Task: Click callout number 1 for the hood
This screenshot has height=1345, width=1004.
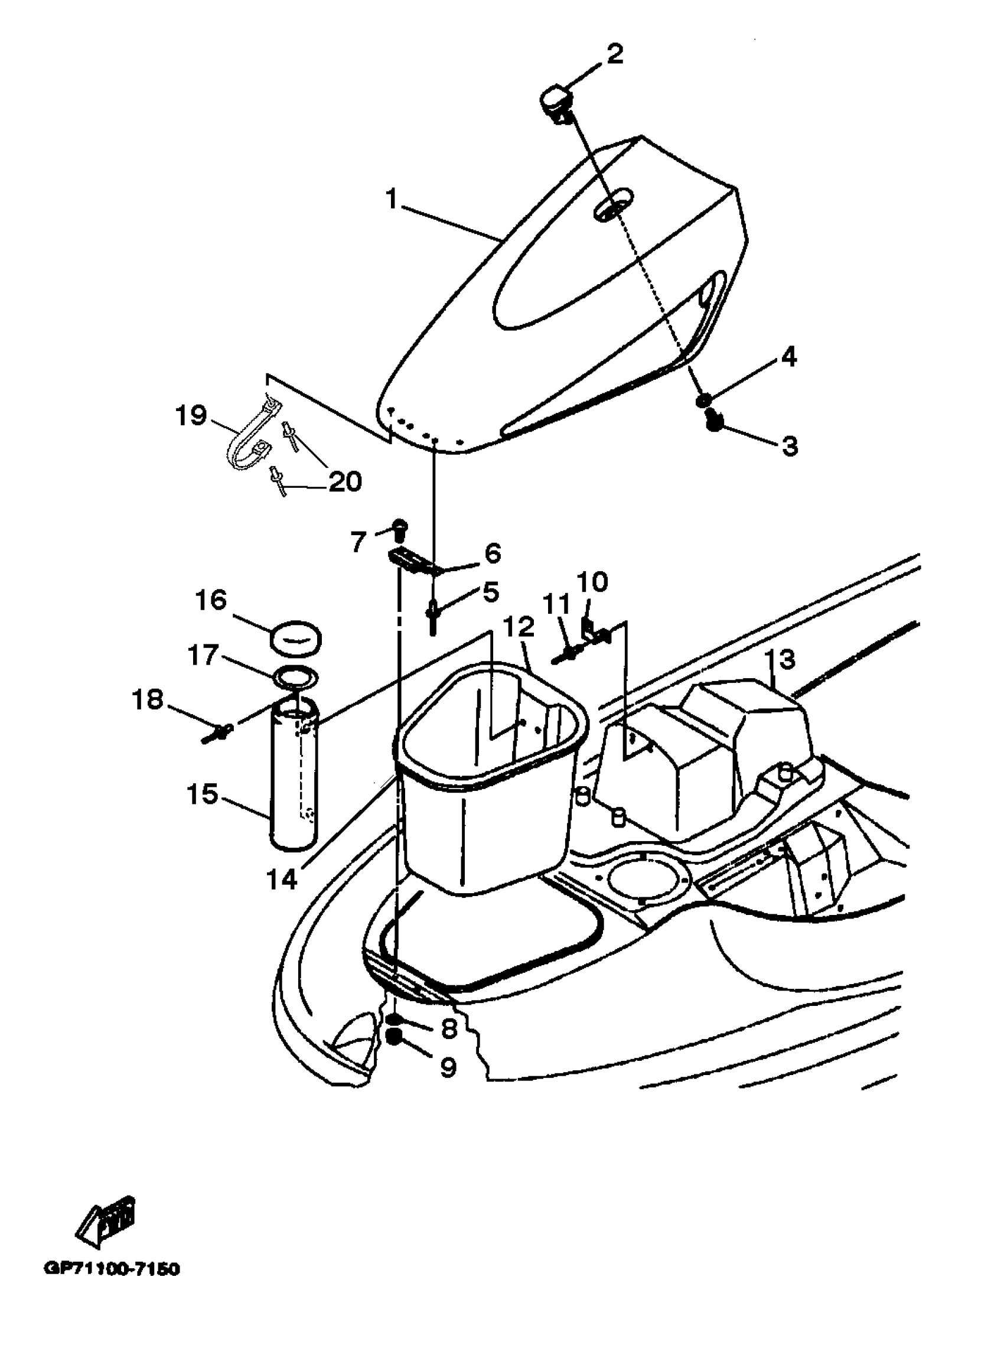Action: (392, 198)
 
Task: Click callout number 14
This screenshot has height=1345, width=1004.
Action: (283, 879)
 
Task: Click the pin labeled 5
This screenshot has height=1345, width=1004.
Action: (433, 615)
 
